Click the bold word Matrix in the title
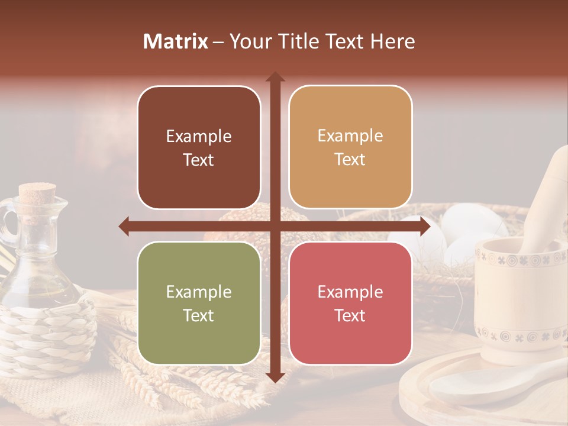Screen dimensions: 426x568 point(176,41)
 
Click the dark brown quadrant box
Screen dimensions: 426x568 point(199,147)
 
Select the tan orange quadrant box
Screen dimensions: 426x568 point(350,147)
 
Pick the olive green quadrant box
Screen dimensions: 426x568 point(199,303)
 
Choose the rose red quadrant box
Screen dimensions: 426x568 point(350,303)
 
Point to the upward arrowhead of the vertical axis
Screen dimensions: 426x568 point(275,78)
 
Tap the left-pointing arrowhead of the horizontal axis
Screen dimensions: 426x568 point(125,226)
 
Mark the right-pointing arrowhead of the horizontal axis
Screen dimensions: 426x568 point(424,226)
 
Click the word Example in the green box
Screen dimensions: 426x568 point(199,292)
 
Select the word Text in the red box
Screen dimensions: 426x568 point(350,316)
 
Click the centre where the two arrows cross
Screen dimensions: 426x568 point(275,226)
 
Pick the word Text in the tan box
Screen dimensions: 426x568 point(350,160)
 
